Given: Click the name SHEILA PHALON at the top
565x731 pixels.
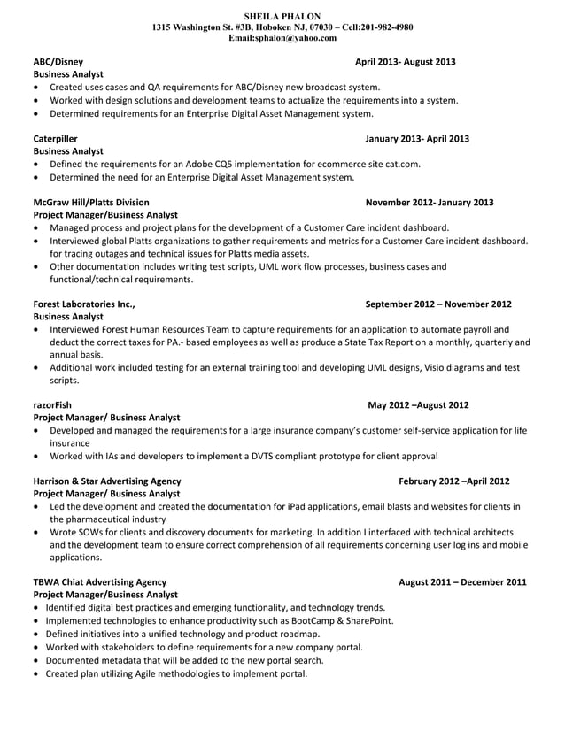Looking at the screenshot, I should [x=282, y=16].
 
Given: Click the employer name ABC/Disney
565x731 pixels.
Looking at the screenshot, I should [x=58, y=62].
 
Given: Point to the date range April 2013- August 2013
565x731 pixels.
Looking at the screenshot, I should [x=405, y=62].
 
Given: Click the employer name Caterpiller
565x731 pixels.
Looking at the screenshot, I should [x=55, y=139].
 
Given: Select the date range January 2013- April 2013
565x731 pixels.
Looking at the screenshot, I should [x=417, y=139].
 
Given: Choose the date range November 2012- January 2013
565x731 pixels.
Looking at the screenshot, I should [x=430, y=203].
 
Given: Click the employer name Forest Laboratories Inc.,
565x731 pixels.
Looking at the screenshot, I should [x=83, y=304].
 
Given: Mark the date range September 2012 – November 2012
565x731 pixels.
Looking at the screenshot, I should [x=438, y=304].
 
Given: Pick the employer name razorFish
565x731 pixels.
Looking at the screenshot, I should [x=52, y=405].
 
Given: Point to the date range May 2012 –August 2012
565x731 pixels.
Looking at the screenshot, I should [x=418, y=405].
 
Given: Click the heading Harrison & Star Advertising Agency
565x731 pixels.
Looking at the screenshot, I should [x=106, y=481].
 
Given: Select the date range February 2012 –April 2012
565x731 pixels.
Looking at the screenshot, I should [x=454, y=481].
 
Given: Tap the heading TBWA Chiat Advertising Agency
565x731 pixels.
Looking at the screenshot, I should [x=99, y=582].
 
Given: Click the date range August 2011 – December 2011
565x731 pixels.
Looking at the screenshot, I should [x=462, y=582].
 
